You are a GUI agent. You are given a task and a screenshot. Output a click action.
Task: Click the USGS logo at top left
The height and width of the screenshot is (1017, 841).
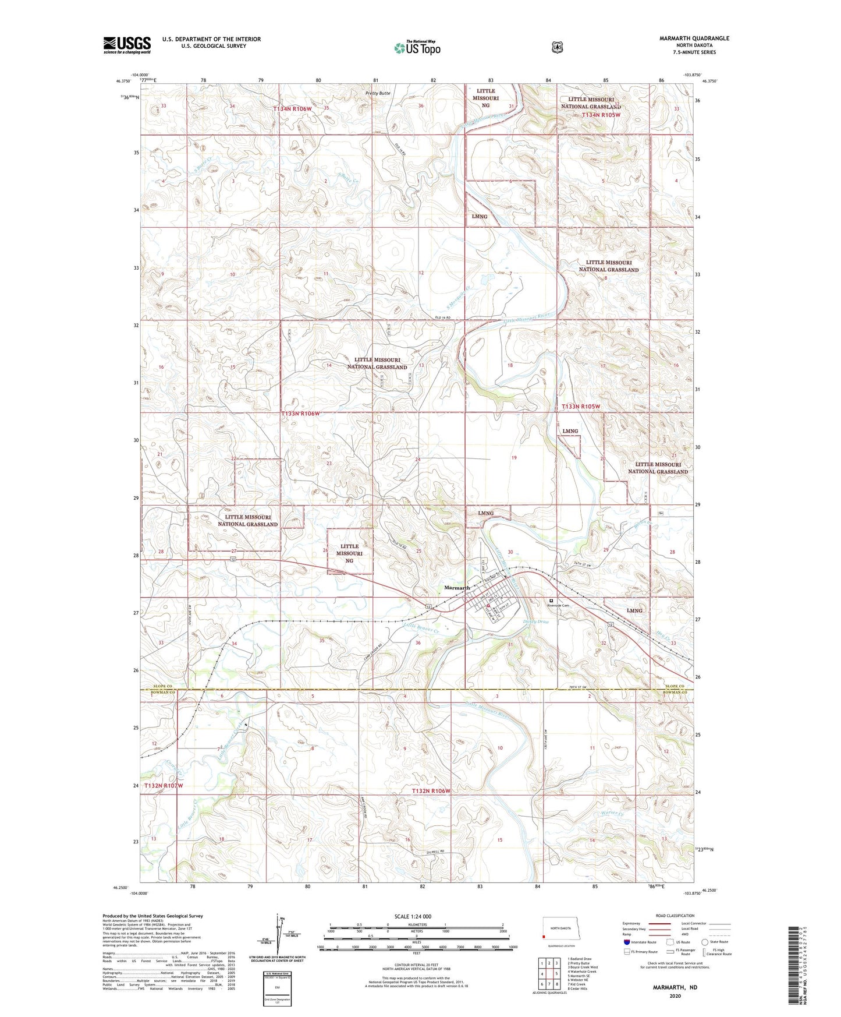point(127,45)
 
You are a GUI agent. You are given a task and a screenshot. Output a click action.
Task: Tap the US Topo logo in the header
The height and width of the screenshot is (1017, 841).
point(417,48)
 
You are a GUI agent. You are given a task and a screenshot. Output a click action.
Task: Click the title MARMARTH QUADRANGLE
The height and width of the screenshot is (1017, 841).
point(694,38)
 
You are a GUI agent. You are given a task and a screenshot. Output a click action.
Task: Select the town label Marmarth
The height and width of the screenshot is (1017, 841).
point(457,588)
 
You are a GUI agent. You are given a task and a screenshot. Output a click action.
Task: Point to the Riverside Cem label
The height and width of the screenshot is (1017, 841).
point(558,606)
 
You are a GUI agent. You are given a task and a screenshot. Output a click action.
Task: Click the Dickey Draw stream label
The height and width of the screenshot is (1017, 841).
point(535,621)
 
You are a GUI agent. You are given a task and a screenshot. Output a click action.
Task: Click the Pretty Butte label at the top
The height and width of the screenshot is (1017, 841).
point(378,93)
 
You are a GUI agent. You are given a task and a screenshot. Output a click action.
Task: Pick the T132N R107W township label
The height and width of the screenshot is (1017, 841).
point(164,786)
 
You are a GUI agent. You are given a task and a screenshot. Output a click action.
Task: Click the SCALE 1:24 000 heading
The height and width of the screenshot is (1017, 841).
point(413,917)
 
